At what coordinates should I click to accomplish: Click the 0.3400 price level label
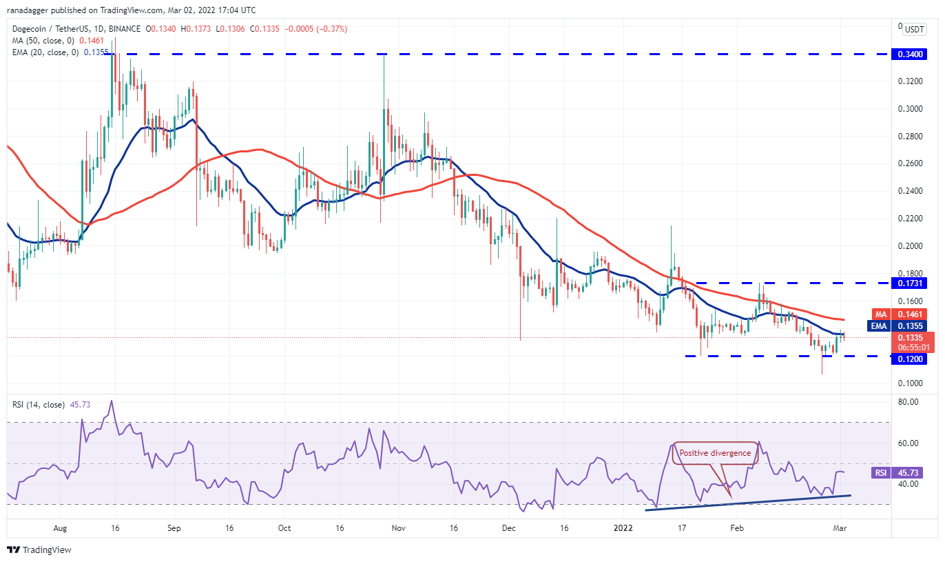[913, 53]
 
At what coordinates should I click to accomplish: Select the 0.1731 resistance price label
[913, 283]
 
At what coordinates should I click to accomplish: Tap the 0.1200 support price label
[913, 359]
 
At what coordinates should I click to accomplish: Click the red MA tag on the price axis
[881, 314]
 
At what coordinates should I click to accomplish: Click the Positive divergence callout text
[716, 453]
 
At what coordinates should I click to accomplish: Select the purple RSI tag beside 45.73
[881, 473]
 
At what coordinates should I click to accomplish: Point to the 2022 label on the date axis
[622, 528]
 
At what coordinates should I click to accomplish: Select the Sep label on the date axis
[174, 528]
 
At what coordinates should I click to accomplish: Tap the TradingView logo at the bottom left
[39, 550]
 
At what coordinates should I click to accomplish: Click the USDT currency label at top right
[915, 30]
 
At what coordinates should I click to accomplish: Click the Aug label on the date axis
[60, 528]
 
